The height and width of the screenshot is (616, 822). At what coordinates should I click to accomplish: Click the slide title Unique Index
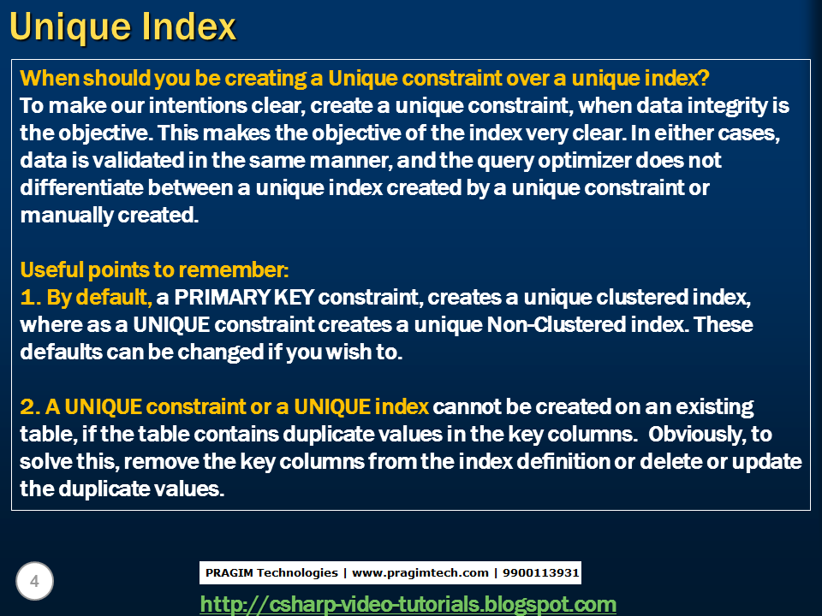[x=123, y=27]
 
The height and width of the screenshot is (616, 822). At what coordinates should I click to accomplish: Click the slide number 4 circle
[x=34, y=581]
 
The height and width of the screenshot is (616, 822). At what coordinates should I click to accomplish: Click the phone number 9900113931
[x=540, y=572]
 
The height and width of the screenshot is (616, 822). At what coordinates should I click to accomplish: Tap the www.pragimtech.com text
[x=420, y=573]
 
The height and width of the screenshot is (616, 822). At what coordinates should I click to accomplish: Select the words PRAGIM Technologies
[x=271, y=572]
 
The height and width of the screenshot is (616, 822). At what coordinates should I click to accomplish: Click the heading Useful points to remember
[x=154, y=269]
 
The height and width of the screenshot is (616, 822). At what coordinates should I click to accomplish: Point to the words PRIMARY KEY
[x=244, y=297]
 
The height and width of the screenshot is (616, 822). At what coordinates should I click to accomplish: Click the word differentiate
[x=81, y=188]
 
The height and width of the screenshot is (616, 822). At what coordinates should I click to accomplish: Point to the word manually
[x=67, y=216]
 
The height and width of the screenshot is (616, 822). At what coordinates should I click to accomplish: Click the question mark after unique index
[x=704, y=78]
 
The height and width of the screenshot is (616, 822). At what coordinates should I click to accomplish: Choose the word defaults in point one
[x=61, y=352]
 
